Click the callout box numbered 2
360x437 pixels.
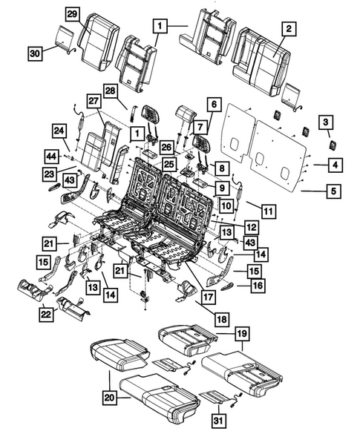click(x=289, y=29)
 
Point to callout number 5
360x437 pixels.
click(x=334, y=191)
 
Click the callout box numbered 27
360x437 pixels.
click(x=94, y=102)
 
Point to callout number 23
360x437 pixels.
click(x=50, y=174)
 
